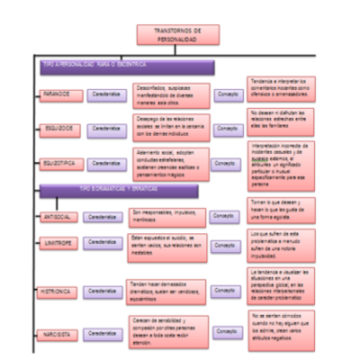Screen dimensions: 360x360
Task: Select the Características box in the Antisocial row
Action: click(x=105, y=217)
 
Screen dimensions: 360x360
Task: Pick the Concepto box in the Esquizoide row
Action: click(x=228, y=126)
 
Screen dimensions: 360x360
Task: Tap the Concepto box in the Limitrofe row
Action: click(x=225, y=243)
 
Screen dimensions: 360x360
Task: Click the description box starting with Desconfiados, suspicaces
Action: click(x=172, y=93)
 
